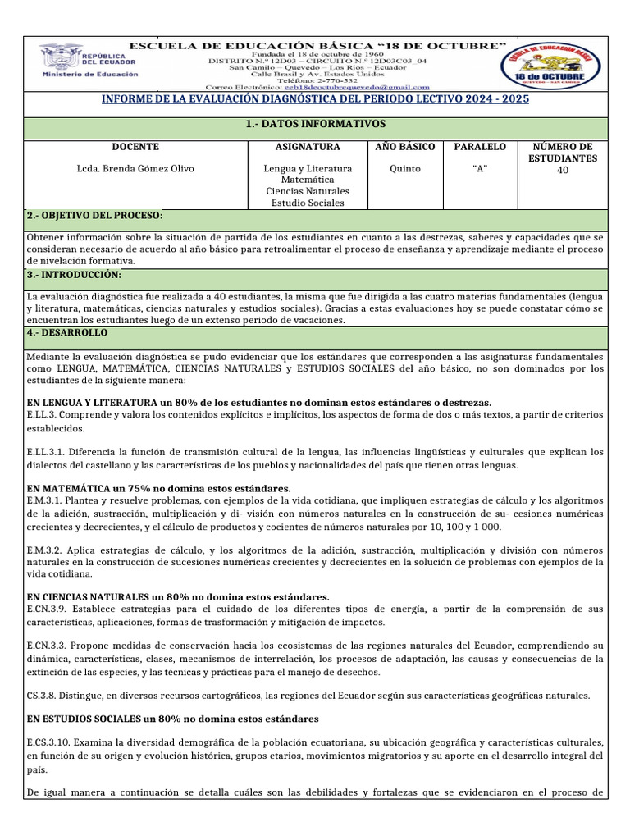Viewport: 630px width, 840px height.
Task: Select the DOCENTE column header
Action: click(x=135, y=147)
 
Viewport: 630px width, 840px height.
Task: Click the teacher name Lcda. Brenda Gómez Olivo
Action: click(x=135, y=169)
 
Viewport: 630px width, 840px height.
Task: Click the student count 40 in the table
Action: click(x=562, y=170)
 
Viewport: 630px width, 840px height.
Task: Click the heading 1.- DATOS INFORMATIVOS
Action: click(x=315, y=123)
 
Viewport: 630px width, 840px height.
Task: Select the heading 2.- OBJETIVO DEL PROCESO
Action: click(x=94, y=215)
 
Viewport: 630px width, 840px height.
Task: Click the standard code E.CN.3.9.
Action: click(x=48, y=609)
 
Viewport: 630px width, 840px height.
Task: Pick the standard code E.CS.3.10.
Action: click(x=50, y=742)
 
